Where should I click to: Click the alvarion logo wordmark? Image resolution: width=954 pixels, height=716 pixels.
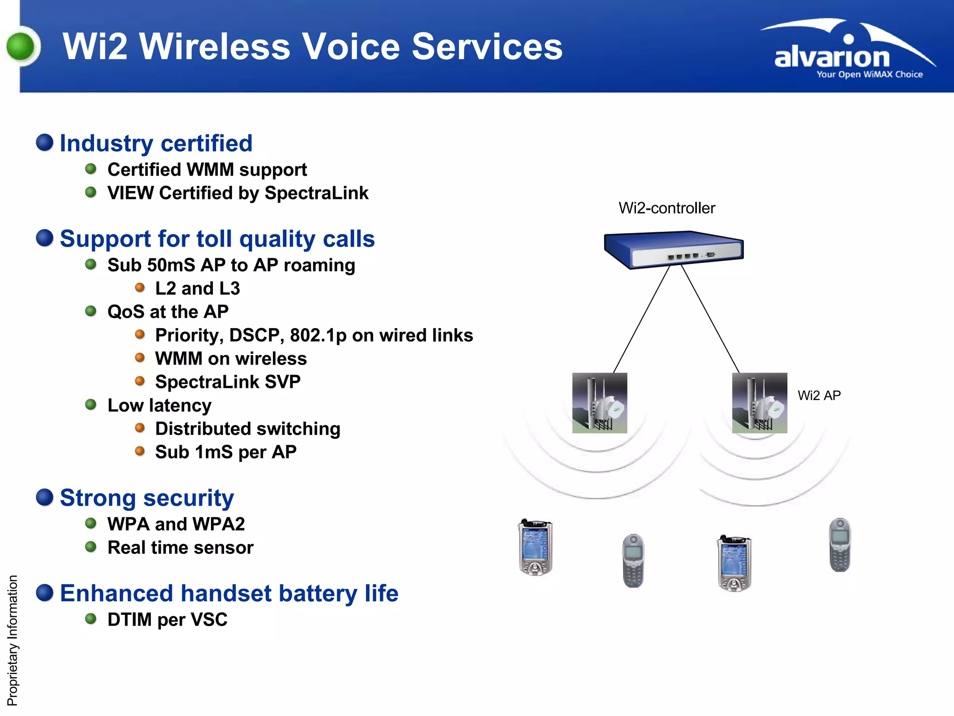(831, 57)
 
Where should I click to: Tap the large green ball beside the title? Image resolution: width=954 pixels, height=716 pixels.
(21, 47)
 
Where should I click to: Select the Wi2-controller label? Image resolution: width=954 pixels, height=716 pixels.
(666, 208)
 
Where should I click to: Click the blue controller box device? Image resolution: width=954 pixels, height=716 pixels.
(673, 249)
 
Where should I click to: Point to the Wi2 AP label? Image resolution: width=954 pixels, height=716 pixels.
(818, 395)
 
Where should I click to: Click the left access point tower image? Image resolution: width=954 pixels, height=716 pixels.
(600, 403)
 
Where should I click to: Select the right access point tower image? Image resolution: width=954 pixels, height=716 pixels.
(759, 403)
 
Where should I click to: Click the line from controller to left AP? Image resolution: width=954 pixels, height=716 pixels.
(641, 319)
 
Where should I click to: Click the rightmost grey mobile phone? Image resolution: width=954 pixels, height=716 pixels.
(839, 544)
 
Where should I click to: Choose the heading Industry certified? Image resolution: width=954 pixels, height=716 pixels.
(156, 143)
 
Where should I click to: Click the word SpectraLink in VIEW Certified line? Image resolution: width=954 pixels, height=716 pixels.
(316, 193)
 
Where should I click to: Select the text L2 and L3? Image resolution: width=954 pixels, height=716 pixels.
(198, 288)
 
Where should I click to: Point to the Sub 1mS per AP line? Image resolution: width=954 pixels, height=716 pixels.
(225, 452)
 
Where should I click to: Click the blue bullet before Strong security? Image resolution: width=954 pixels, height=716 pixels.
(45, 497)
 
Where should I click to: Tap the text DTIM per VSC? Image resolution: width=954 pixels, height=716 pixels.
(167, 620)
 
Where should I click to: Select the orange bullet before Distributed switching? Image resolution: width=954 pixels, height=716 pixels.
(140, 427)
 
